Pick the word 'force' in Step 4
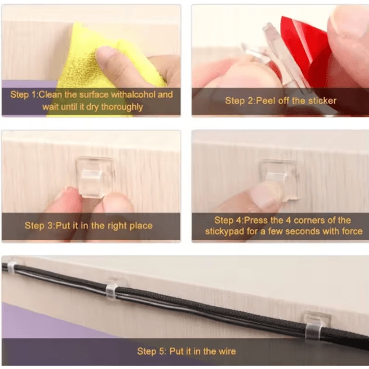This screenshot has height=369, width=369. [x=351, y=231]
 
